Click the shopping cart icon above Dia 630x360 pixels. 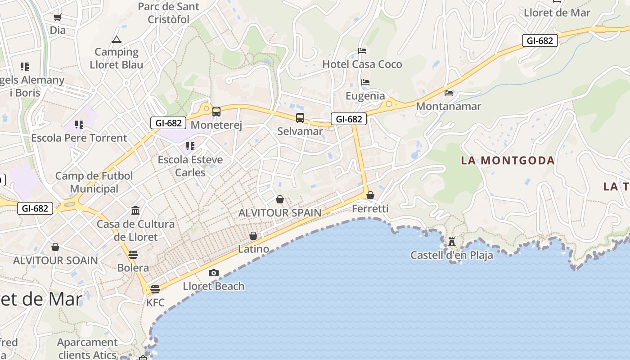tap(57, 18)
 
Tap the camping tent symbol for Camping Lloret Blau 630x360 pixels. tap(117, 39)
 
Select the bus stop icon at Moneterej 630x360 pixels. tap(216, 111)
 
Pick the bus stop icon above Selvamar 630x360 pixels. tap(300, 118)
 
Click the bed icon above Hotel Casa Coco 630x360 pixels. tap(362, 50)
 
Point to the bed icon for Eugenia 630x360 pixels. tap(365, 82)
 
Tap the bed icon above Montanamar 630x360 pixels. tap(449, 93)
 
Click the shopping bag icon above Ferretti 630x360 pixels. tap(370, 195)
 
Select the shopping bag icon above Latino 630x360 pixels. tap(253, 236)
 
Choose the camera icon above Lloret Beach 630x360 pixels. tap(214, 273)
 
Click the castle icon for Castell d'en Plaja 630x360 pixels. tap(452, 242)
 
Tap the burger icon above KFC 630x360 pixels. tap(155, 289)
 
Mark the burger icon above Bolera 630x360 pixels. tap(133, 254)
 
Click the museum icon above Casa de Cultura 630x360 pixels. tap(135, 210)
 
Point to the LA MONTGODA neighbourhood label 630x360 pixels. tap(508, 160)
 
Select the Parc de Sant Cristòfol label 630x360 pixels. tap(169, 13)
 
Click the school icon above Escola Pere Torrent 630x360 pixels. tap(79, 124)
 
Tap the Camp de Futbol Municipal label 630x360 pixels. tap(94, 182)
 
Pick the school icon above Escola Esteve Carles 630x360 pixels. tap(190, 146)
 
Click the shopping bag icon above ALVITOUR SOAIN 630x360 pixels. tap(55, 247)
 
